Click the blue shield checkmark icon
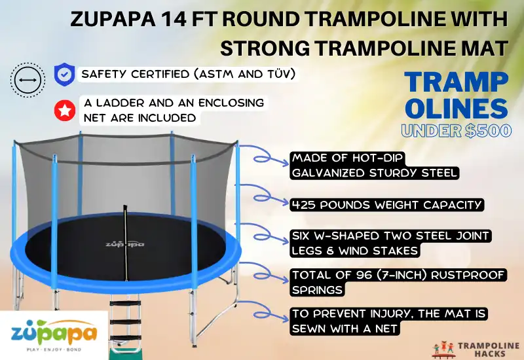point(63,74)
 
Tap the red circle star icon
point(63,111)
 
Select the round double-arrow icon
point(27,80)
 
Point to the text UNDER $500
point(456,130)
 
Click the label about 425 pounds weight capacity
point(387,205)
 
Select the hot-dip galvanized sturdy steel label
point(375,166)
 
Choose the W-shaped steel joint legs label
point(391,243)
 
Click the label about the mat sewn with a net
point(390,321)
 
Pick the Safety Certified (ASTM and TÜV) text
point(187,74)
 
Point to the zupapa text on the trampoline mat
point(124,243)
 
